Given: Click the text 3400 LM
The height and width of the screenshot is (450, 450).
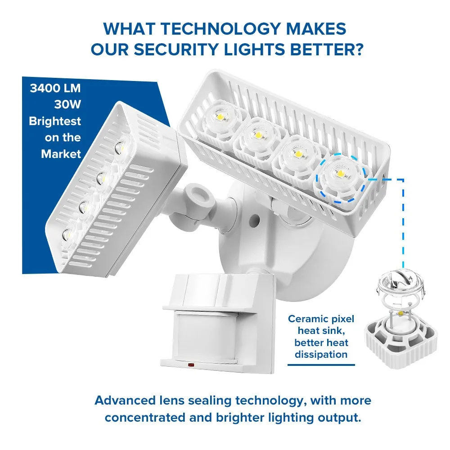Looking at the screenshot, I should [55, 88].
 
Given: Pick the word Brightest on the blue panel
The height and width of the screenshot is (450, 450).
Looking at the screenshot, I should [55, 121].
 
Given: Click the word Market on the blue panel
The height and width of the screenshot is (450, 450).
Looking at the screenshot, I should [61, 154].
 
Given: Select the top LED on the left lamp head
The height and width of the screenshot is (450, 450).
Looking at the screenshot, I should [120, 146].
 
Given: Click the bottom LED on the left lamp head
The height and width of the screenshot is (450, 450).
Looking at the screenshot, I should [66, 234].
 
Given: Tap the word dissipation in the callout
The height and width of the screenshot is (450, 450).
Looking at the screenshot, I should [321, 355].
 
